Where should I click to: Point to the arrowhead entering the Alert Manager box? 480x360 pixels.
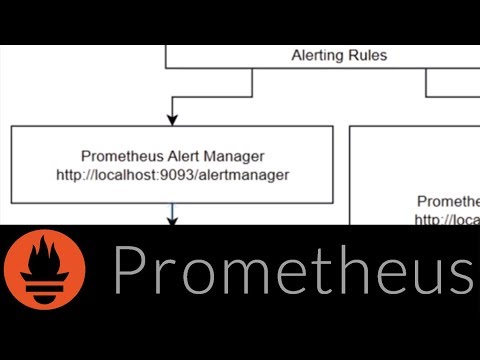click(172, 120)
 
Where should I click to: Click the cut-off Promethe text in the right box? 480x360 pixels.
click(448, 200)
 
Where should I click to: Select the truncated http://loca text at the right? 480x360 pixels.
click(447, 219)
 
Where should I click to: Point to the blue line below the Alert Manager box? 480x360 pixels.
click(172, 213)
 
